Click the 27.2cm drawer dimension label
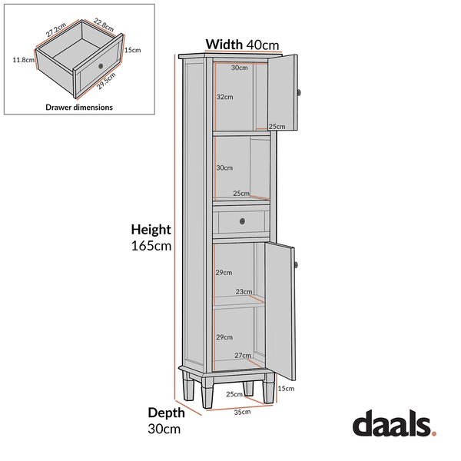click(x=56, y=30)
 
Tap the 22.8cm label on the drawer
click(x=104, y=25)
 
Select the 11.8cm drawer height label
click(x=24, y=60)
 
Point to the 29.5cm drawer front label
click(x=106, y=81)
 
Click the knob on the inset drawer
click(x=101, y=66)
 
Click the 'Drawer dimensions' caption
click(x=79, y=108)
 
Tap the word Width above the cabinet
click(x=224, y=45)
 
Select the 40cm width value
click(x=263, y=45)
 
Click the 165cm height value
click(x=151, y=246)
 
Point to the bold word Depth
click(x=167, y=413)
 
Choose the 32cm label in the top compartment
click(x=225, y=97)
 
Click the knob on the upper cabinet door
click(x=299, y=93)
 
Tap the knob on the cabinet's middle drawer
click(x=242, y=221)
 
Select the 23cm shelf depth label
click(x=244, y=292)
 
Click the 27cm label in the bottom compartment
click(x=243, y=356)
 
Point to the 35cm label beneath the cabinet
click(x=242, y=412)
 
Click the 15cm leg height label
click(x=286, y=389)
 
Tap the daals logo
click(x=395, y=423)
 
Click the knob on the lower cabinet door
click(x=296, y=265)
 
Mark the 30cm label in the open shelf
click(x=224, y=167)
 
